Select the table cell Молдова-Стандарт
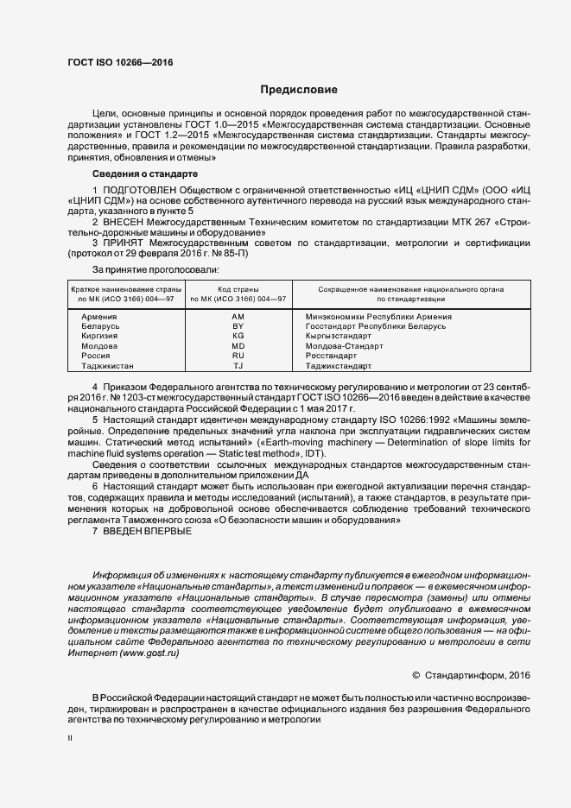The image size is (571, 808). [345, 345]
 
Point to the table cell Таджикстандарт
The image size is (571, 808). [339, 364]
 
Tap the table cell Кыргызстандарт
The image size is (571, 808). [337, 336]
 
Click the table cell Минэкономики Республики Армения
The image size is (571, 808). [378, 317]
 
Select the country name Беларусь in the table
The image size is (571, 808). [100, 326]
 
